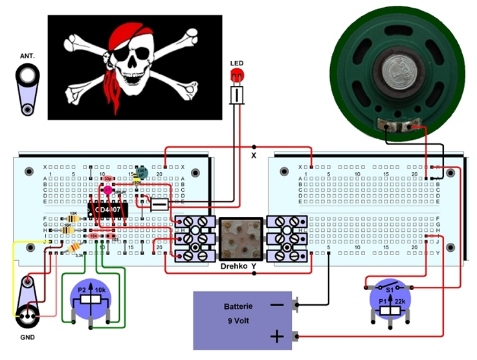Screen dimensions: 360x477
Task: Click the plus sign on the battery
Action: (276, 335)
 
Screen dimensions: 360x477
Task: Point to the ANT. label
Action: (27, 56)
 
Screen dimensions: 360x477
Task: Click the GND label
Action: (27, 337)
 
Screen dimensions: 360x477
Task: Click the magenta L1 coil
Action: (107, 190)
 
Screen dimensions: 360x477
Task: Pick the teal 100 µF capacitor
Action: (142, 172)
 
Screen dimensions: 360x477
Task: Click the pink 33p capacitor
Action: (108, 178)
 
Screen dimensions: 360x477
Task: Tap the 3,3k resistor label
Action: (80, 256)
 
